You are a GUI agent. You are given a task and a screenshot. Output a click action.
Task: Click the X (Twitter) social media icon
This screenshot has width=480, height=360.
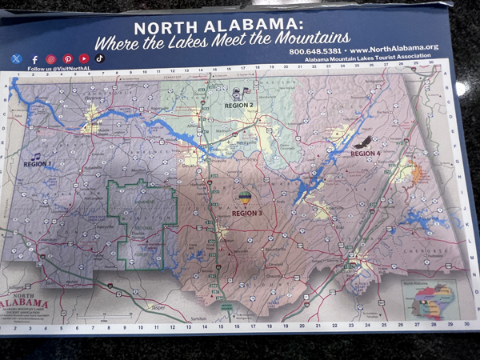tap(17, 58)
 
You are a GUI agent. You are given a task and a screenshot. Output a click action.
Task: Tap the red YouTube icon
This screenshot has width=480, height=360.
tap(84, 58)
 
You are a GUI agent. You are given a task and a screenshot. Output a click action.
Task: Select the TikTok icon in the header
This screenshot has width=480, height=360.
tap(101, 58)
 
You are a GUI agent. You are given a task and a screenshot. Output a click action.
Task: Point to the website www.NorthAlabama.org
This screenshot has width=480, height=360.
tap(393, 49)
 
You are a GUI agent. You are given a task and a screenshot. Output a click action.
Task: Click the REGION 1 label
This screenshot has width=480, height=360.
tap(37, 164)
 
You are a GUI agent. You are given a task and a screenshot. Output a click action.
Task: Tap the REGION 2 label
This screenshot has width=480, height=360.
tap(238, 106)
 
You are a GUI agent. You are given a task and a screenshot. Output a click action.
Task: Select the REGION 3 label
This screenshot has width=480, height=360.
tap(247, 214)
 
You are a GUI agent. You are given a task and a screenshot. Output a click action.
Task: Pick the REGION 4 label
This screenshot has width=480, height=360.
tap(365, 153)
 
